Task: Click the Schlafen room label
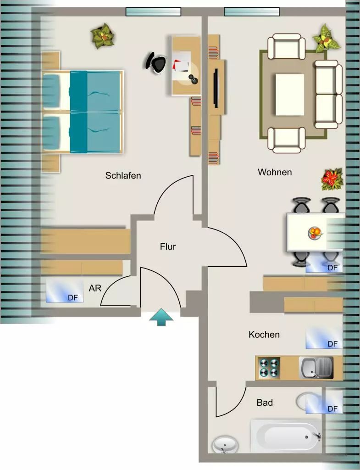(123, 175)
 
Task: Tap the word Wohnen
(275, 173)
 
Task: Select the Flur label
(168, 246)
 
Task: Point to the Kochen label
(264, 335)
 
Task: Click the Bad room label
(265, 403)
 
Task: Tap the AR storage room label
(95, 288)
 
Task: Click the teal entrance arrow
(161, 317)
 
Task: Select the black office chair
(155, 62)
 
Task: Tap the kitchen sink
(316, 368)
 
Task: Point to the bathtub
(286, 436)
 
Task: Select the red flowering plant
(332, 179)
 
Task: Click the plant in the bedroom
(103, 37)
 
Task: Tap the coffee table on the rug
(290, 95)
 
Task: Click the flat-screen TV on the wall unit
(216, 87)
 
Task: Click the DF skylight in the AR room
(64, 291)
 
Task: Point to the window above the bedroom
(153, 11)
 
